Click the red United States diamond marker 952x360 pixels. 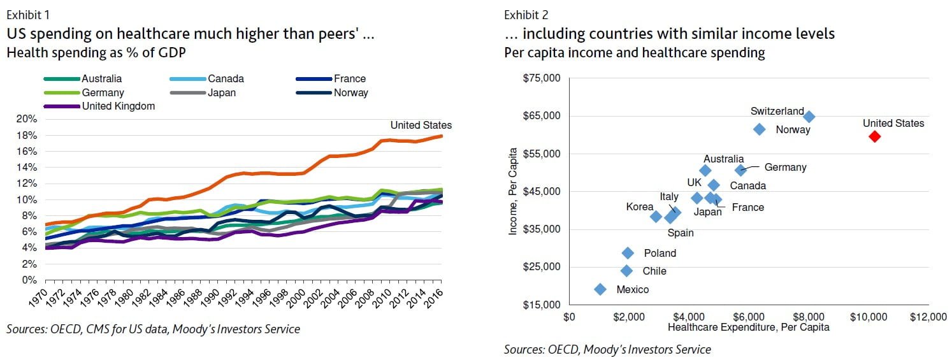(x=874, y=136)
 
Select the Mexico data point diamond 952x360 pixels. (x=600, y=289)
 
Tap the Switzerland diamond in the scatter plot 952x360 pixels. (x=809, y=117)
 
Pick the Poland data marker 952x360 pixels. (x=628, y=253)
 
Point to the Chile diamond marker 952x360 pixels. (x=626, y=271)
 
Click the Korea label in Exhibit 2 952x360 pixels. (x=640, y=206)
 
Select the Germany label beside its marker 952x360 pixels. (x=785, y=168)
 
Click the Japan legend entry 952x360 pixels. (x=221, y=92)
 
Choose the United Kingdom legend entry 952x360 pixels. (x=118, y=106)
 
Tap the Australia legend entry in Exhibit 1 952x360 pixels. (x=101, y=79)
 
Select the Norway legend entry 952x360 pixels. (x=350, y=92)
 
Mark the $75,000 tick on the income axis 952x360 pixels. (x=540, y=78)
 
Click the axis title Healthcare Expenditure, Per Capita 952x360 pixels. (x=748, y=328)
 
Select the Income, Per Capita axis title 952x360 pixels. (x=513, y=199)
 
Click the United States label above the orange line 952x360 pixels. (x=421, y=125)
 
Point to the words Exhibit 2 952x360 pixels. (x=526, y=15)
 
